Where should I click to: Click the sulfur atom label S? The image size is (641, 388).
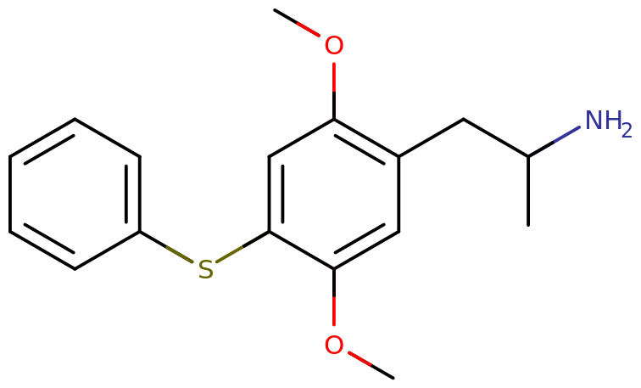(206, 269)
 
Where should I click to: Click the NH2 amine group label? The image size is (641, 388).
(608, 121)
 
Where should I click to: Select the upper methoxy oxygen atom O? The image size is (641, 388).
(334, 45)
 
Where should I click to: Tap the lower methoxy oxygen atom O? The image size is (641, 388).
(334, 345)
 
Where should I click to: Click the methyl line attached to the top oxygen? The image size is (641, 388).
(297, 23)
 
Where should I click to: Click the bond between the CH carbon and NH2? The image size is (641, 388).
(554, 142)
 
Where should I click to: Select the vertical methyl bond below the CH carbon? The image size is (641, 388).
(528, 191)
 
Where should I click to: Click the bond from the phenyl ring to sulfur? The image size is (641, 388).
(166, 247)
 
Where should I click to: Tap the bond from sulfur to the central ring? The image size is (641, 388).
(242, 247)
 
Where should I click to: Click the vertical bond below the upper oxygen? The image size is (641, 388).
(334, 91)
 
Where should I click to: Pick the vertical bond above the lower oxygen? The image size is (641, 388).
(334, 297)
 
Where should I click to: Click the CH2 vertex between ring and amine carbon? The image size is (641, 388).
(464, 119)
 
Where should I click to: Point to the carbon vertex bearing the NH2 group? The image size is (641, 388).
(528, 156)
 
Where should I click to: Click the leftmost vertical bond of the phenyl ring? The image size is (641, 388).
(10, 194)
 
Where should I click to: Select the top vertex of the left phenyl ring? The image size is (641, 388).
(75, 119)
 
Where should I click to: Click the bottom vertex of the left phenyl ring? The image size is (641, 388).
(75, 269)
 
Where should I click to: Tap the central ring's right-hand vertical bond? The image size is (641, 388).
(399, 194)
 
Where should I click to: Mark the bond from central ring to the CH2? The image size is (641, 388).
(432, 138)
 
